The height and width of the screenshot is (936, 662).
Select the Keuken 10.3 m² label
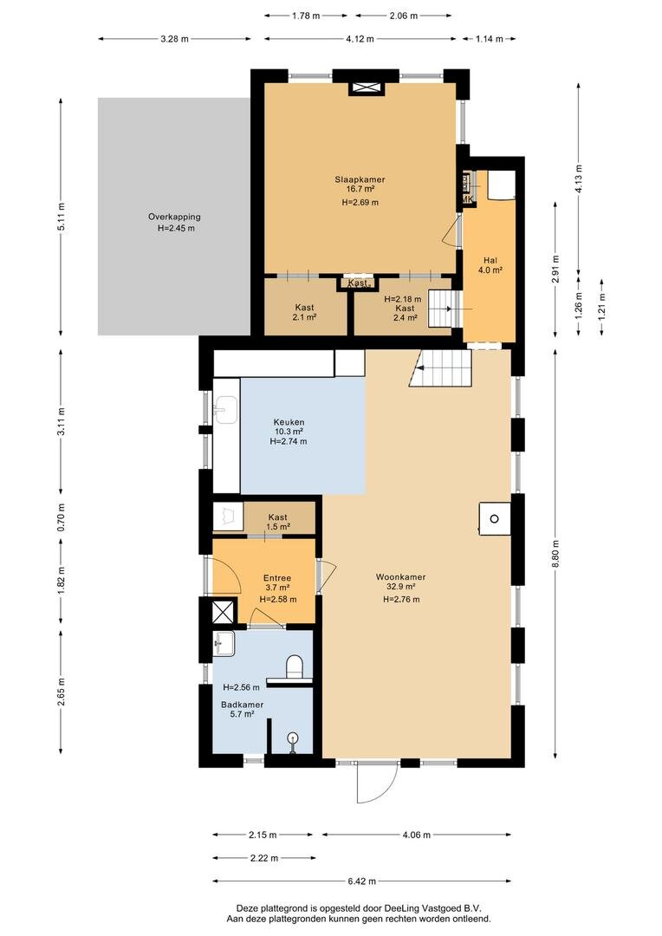[x=289, y=426]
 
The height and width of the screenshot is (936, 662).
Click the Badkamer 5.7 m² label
[x=243, y=709]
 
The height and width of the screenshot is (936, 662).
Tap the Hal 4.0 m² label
[x=490, y=265]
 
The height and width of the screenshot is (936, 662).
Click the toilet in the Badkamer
[x=295, y=666]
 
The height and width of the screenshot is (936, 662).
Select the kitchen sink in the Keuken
[x=224, y=409]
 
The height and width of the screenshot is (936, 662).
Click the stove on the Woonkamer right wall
[x=494, y=518]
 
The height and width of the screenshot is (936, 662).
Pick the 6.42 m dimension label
[x=361, y=881]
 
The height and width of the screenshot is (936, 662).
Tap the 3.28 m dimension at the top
[x=174, y=39]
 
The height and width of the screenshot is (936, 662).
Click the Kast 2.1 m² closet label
[x=304, y=312]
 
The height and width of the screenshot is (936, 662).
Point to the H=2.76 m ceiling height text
[x=401, y=600]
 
